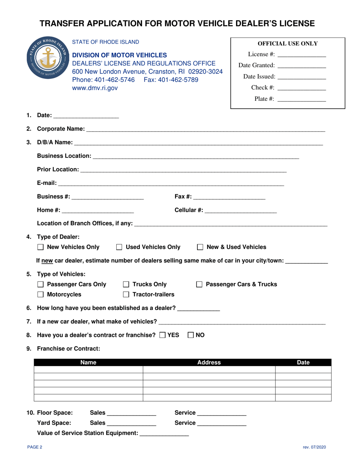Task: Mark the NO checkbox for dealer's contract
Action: pyautogui.click(x=191, y=335)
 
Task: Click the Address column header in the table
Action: pyautogui.click(x=209, y=363)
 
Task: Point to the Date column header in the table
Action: pyautogui.click(x=303, y=363)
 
